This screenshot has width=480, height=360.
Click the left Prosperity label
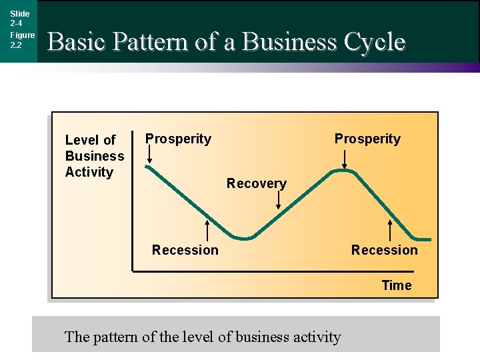178,139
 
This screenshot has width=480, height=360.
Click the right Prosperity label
367,139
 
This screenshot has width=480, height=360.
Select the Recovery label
256,183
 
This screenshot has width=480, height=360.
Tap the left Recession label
185,250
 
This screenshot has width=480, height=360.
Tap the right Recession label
384,250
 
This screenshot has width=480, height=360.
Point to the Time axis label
397,285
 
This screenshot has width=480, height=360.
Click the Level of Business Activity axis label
94,156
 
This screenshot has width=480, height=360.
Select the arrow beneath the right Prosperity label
344,159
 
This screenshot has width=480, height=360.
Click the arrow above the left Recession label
207,230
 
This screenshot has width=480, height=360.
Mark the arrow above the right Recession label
391,230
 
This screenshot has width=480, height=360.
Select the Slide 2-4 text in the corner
19,19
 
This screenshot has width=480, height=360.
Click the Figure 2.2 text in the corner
22,40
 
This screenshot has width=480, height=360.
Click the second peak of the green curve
343,171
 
